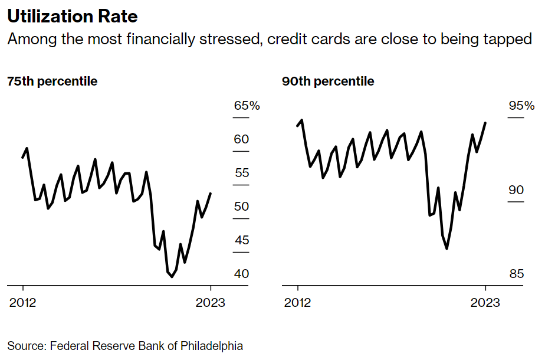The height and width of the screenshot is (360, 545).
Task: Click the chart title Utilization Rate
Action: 72,17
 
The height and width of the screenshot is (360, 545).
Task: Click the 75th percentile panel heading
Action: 52,81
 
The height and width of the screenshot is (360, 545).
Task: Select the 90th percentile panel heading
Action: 328,81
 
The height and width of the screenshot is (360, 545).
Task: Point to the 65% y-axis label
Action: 247,106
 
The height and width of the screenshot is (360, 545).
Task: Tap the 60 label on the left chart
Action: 242,140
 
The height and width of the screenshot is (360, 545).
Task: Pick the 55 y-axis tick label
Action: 242,174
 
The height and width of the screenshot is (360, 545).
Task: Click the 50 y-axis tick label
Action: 242,207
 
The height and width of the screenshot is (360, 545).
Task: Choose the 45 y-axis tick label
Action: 242,241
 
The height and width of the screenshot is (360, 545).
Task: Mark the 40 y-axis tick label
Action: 242,274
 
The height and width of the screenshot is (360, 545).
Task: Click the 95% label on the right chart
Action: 521,106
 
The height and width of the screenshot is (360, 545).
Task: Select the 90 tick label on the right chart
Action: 516,191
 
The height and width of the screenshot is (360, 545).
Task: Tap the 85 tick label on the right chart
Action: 516,274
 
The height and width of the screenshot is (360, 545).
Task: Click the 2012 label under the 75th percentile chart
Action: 23,303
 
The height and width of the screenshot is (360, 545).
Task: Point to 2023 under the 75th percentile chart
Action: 211,303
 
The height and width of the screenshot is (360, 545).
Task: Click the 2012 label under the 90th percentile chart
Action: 298,303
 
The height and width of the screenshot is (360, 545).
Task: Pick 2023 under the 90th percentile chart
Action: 485,303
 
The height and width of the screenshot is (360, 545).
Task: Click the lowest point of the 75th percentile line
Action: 172,276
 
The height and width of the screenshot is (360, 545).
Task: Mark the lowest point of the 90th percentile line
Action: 447,248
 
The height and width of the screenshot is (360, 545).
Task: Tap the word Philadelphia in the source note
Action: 212,346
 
